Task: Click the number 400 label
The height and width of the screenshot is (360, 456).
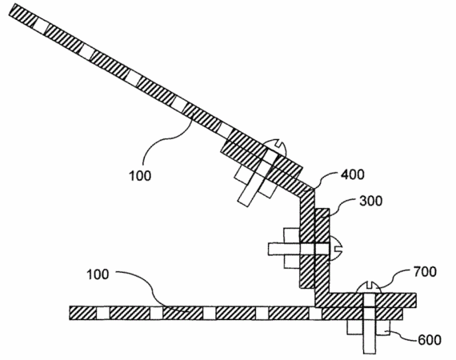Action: click(x=352, y=174)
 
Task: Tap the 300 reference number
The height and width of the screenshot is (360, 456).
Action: click(x=370, y=201)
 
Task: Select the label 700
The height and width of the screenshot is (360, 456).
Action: click(x=425, y=271)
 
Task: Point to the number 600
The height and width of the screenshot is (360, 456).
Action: click(x=430, y=340)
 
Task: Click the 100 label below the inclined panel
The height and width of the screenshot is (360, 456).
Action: click(x=140, y=176)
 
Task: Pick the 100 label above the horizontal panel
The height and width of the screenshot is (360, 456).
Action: click(x=98, y=274)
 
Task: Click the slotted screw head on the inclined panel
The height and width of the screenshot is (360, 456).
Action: click(x=277, y=148)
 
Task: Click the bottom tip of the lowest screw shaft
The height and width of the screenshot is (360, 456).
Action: click(x=370, y=354)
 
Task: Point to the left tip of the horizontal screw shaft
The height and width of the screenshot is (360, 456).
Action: click(x=269, y=250)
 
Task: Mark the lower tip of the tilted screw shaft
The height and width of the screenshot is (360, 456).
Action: click(x=243, y=203)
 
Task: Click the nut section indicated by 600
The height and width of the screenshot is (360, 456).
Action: click(x=383, y=327)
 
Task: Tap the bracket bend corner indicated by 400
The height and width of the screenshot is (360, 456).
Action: click(x=314, y=189)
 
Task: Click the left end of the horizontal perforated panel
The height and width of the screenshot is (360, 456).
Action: click(x=70, y=313)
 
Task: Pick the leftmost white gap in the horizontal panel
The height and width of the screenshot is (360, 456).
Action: click(x=103, y=313)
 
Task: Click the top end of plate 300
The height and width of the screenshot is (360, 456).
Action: click(x=322, y=209)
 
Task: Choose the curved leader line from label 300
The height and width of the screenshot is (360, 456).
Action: click(x=344, y=204)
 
